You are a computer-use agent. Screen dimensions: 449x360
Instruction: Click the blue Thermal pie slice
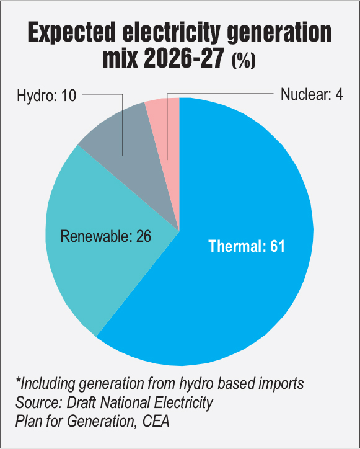coord(248,291)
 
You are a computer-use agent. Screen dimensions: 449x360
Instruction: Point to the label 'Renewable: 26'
coord(105,236)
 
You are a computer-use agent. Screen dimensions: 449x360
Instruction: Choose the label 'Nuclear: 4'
coord(312,95)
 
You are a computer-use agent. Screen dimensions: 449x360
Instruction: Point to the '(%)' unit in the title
coord(244,61)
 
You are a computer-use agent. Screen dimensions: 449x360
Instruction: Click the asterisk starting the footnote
coord(19,381)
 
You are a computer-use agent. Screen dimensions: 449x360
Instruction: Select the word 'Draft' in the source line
coord(78,402)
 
